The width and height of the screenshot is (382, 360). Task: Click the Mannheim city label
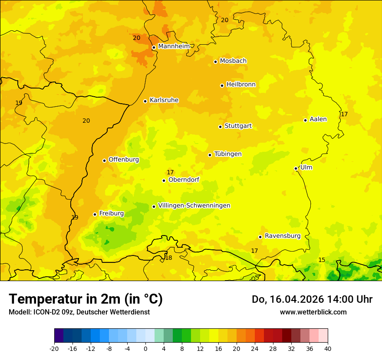174,46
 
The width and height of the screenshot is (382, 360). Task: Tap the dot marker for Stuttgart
220,127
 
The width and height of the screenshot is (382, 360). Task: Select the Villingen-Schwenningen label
194,206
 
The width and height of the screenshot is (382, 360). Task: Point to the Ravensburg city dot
260,237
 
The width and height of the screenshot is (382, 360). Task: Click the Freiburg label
111,213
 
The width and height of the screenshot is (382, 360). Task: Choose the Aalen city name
318,119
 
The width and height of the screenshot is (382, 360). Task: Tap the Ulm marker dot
296,168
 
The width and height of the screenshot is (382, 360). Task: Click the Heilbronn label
241,85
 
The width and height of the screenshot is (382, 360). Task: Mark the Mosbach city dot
215,62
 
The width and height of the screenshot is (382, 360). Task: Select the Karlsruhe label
164,100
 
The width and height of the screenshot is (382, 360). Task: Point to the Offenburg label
124,160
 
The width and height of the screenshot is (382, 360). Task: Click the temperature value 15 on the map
322,260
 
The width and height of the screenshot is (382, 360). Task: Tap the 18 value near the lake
168,258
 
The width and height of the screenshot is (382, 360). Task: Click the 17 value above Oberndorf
170,173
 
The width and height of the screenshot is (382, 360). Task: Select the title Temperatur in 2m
86,299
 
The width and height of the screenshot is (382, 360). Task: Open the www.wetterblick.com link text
313,312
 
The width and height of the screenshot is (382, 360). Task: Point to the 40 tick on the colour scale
327,348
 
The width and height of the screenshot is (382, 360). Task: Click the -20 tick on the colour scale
54,348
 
